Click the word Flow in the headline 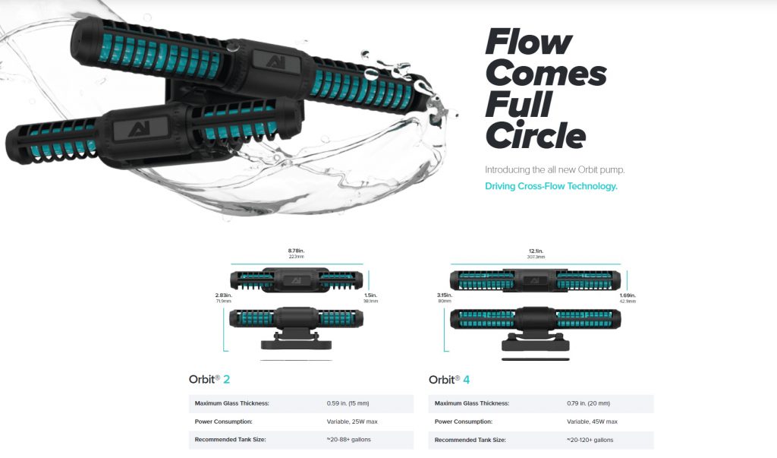click(528, 43)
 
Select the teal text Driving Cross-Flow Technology click(551, 186)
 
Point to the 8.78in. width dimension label click(296, 251)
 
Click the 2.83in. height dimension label click(222, 295)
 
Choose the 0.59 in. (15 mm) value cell click(348, 403)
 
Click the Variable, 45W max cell click(593, 422)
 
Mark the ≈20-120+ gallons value click(590, 440)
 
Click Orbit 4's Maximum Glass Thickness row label click(471, 403)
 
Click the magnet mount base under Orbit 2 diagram click(296, 344)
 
